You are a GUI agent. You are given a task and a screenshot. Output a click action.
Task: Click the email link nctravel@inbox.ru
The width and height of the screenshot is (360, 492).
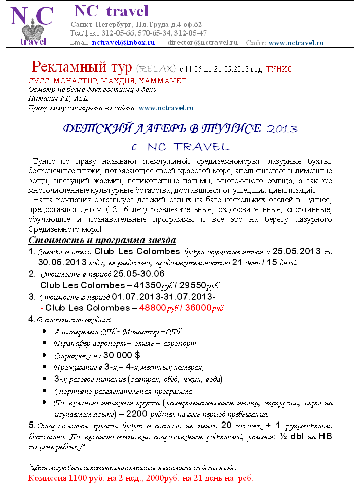(123, 43)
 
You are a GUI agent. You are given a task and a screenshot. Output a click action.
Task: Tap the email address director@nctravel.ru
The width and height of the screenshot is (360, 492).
(202, 43)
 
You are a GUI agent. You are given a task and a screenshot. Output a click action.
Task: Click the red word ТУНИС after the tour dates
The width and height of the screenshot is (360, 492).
(279, 68)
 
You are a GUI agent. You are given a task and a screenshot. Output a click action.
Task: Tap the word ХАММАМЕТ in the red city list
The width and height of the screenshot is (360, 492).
(162, 81)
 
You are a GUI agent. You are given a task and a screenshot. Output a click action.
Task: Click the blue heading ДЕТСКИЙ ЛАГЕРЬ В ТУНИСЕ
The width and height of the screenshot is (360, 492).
(162, 128)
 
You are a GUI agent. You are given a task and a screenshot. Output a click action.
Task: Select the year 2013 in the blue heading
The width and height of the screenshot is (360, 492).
(281, 128)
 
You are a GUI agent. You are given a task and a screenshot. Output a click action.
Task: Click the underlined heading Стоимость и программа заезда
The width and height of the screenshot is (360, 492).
(102, 240)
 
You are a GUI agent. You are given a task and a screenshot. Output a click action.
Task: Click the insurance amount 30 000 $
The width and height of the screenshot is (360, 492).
(121, 356)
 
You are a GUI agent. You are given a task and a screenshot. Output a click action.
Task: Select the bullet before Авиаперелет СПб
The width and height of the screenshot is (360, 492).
(46, 332)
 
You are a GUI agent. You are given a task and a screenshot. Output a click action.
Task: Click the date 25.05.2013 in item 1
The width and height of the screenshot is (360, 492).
(297, 251)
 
